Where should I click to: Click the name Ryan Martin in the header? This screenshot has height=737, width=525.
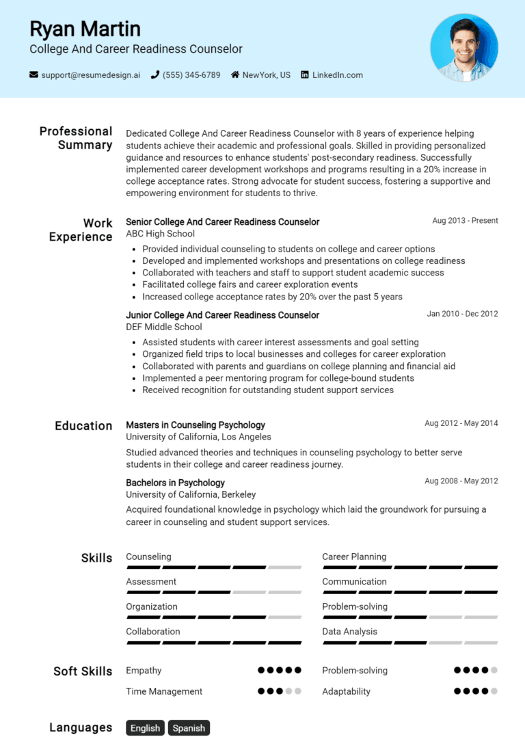pos(85,29)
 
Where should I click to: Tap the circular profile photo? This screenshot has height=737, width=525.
pos(464,48)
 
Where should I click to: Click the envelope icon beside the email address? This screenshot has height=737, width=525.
pos(33,75)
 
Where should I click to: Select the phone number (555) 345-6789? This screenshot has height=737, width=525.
pos(191,75)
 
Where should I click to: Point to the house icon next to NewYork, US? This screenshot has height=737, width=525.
pos(235,75)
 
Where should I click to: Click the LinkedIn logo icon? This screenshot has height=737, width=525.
pos(305,75)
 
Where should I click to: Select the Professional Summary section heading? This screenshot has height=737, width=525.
pos(75,138)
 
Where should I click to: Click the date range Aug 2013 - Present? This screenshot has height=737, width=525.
pos(465,221)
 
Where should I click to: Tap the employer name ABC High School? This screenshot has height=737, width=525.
pos(160,234)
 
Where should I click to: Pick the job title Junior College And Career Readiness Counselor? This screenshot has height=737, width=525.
pos(222,315)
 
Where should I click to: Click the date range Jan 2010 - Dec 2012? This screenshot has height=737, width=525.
pos(462,314)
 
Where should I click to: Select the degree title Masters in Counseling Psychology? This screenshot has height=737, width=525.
pos(196,425)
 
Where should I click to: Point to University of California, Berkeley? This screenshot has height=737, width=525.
pos(191,494)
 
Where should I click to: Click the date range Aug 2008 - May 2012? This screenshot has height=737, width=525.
pos(461,481)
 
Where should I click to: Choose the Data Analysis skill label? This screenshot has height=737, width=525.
pos(349,632)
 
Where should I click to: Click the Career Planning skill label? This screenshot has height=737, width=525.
pos(354,557)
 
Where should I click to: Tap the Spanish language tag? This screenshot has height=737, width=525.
pos(189,728)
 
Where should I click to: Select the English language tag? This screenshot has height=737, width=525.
pos(145,728)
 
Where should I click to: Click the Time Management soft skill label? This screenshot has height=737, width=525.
pos(164,691)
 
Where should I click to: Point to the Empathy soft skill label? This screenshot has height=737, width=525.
pos(144,671)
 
